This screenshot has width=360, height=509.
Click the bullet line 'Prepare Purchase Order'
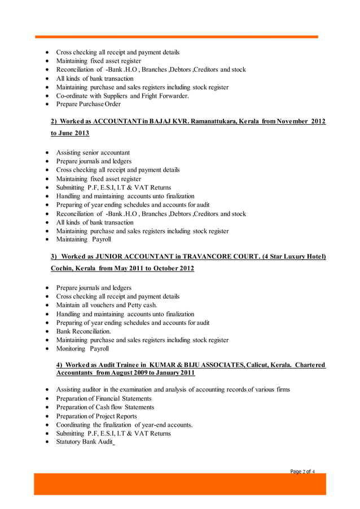point(88,104)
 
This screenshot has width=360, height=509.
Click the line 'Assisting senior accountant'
point(93,152)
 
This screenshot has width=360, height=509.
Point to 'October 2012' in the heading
point(172,269)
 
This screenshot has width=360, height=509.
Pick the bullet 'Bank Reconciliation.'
point(84,331)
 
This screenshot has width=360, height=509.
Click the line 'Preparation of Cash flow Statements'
point(105,407)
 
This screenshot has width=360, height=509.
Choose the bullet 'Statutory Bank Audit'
point(84,442)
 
